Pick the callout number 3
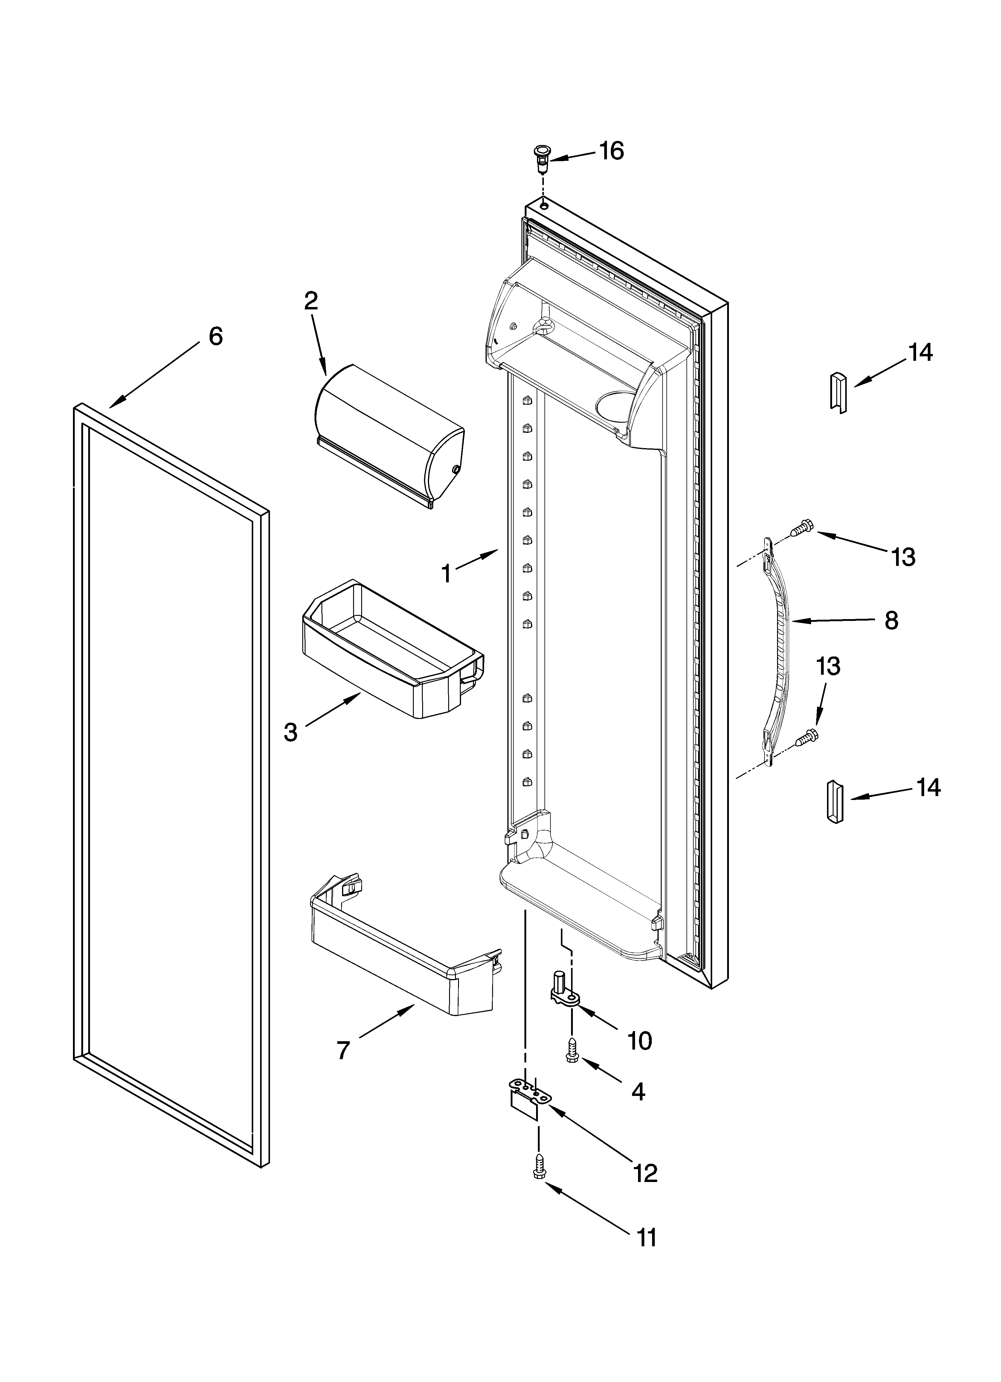pyautogui.click(x=291, y=732)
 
